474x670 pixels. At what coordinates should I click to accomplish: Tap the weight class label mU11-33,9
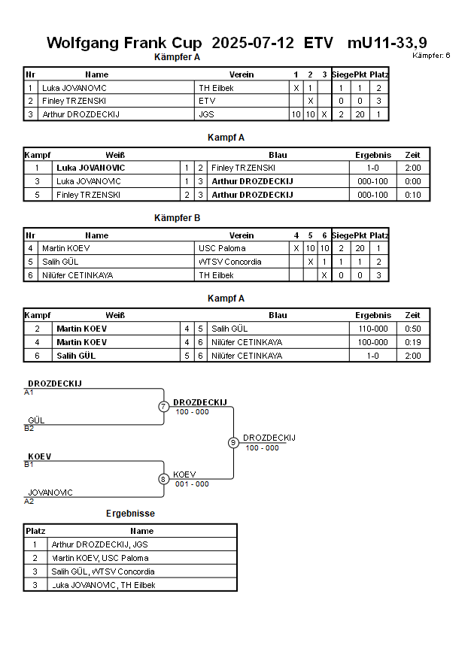click(387, 43)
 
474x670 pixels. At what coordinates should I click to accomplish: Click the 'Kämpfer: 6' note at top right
click(431, 56)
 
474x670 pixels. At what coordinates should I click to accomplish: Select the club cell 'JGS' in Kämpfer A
click(206, 114)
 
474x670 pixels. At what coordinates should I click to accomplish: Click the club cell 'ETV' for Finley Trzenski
click(207, 101)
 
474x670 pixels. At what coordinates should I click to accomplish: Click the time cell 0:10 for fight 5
click(412, 195)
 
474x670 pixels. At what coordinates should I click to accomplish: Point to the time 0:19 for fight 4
click(412, 342)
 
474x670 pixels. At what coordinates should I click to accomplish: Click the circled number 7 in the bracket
click(163, 407)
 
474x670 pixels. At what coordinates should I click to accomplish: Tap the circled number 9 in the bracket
click(233, 442)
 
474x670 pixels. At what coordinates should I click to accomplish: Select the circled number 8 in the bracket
click(163, 479)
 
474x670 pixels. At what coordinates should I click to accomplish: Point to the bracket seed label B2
click(29, 429)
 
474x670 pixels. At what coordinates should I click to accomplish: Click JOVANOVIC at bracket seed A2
click(50, 493)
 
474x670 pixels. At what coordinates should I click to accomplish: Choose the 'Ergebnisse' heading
click(130, 514)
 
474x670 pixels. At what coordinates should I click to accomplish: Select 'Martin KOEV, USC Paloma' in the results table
click(100, 558)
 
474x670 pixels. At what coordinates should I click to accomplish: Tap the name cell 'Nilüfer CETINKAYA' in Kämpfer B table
click(77, 275)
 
